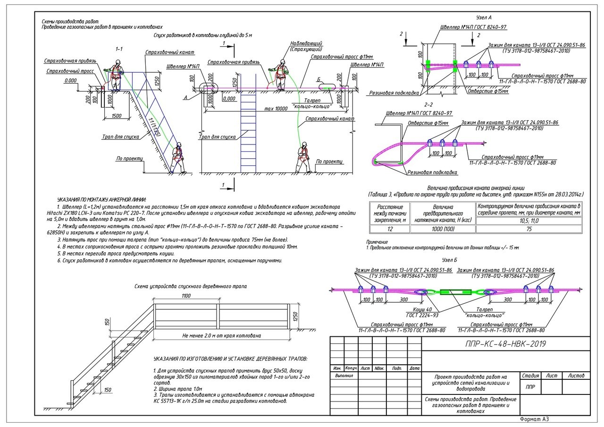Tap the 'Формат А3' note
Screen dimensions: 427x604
click(534, 419)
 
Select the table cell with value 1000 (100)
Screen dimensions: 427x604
click(443, 229)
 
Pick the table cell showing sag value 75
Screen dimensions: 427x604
click(528, 229)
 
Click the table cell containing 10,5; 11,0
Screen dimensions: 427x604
click(528, 221)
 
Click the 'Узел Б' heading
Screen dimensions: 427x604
click(449, 260)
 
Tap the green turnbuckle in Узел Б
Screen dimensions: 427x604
click(455, 292)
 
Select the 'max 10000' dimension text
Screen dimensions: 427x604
click(276, 109)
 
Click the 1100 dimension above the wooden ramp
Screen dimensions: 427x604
click(185, 296)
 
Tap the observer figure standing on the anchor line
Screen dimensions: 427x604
click(281, 75)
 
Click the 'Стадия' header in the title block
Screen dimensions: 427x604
click(531, 376)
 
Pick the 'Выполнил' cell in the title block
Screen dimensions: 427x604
click(344, 376)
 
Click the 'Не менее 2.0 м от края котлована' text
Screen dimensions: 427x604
click(221, 336)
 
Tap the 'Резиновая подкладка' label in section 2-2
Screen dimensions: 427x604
click(433, 172)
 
